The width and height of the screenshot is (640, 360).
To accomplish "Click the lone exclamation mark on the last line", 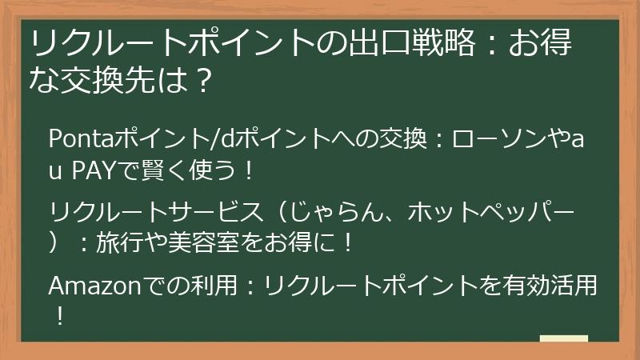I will (x=58, y=315).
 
